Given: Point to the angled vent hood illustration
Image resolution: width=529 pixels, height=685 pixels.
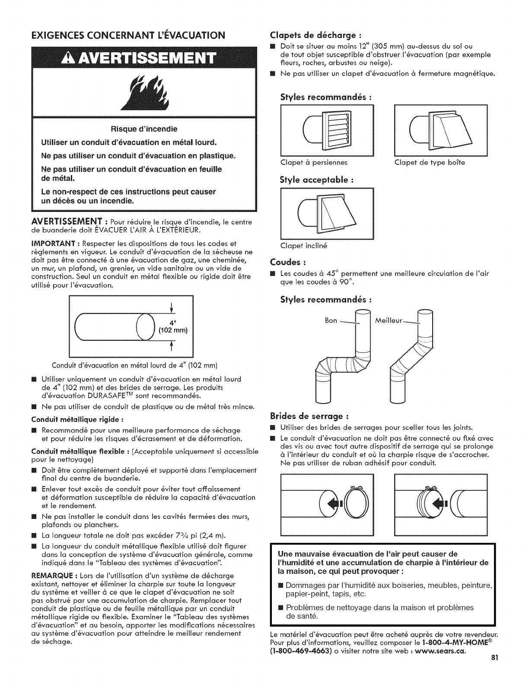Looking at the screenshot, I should [327, 214].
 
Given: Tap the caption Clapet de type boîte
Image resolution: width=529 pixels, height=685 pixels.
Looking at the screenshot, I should [430, 163].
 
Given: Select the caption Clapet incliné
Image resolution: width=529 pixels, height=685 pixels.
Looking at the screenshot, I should [304, 246].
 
